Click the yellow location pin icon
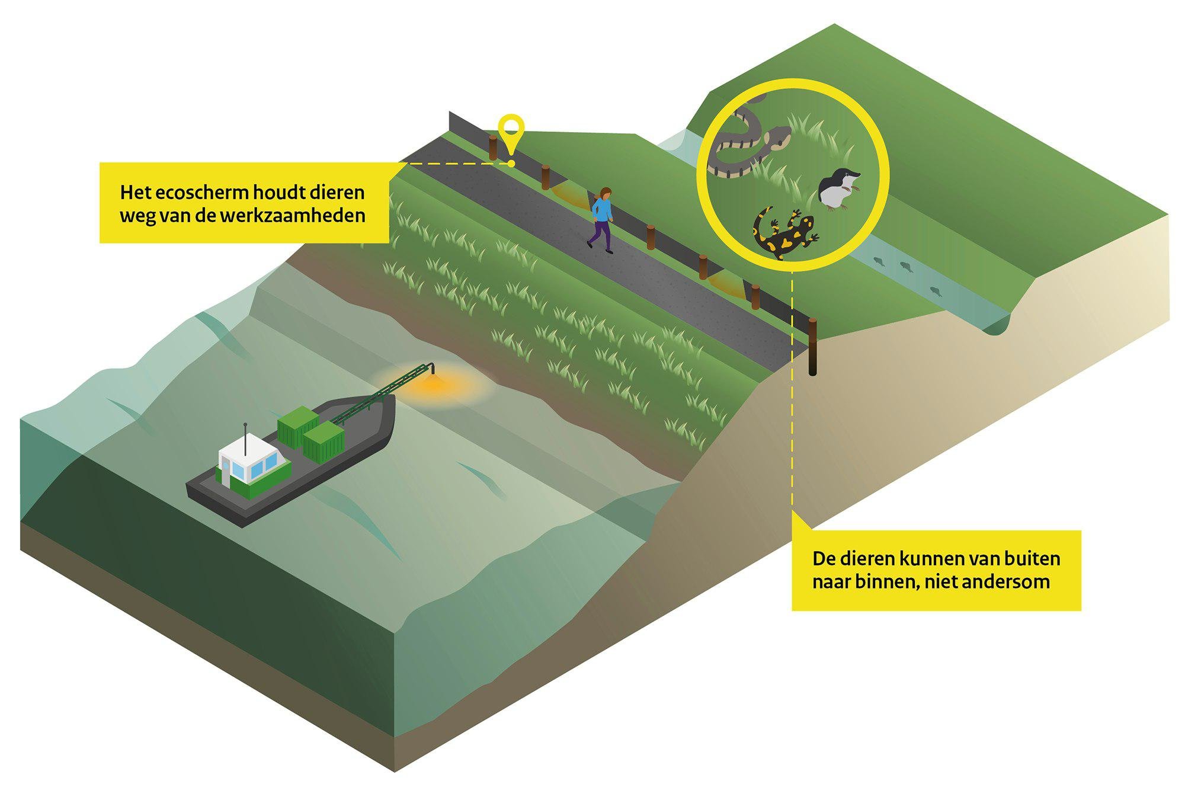coord(511,132)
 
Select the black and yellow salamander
coord(786,232)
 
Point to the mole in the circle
coord(838,188)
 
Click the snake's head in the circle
coord(777,139)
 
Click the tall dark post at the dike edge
coord(812,347)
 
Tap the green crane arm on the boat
coord(382,393)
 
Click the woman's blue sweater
coord(602,210)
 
